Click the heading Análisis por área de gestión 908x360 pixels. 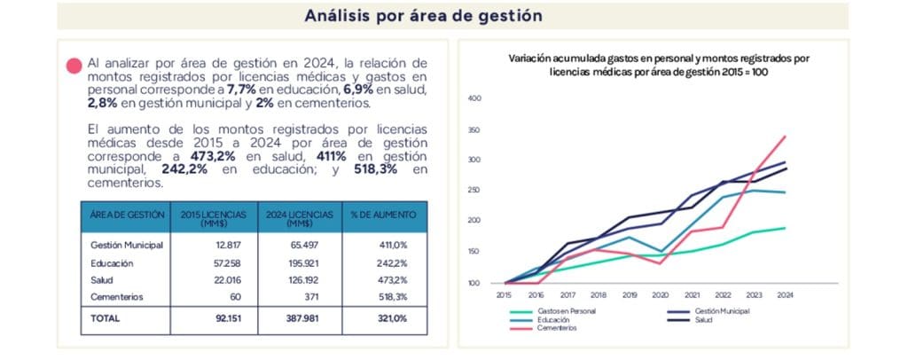[x=423, y=15]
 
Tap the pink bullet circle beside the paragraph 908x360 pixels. [x=74, y=65]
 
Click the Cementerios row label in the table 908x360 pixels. [x=116, y=297]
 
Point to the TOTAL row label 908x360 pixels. [x=105, y=317]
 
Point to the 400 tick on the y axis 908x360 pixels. [x=474, y=98]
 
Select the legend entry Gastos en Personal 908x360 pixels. [x=564, y=312]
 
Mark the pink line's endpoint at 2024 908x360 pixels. [x=785, y=137]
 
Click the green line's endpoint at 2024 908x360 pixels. [x=785, y=228]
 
